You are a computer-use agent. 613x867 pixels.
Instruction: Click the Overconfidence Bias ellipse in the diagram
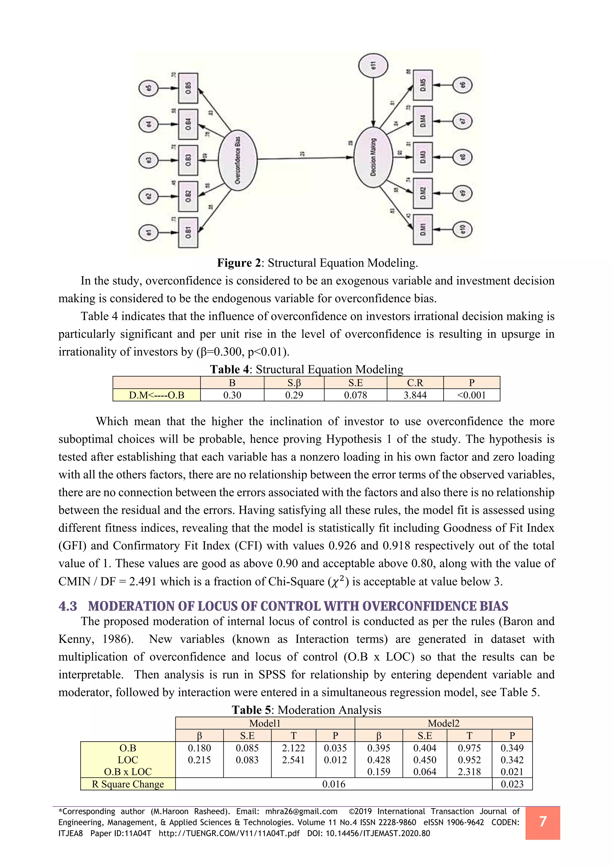(x=238, y=160)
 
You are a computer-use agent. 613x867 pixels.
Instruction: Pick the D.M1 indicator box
(x=423, y=229)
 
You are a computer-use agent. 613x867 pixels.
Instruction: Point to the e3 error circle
(x=149, y=160)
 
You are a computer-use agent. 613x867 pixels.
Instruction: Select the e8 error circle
(x=462, y=157)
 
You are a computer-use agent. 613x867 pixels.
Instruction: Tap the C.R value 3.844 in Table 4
(x=415, y=395)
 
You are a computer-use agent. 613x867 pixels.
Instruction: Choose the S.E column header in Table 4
(x=355, y=382)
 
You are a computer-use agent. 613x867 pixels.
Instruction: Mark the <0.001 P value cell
(x=471, y=395)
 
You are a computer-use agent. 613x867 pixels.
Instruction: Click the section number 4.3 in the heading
(x=68, y=606)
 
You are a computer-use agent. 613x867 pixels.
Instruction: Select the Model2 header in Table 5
(x=443, y=723)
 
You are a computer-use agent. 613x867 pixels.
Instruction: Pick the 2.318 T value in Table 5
(x=469, y=772)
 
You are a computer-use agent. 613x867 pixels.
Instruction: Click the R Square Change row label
(x=128, y=784)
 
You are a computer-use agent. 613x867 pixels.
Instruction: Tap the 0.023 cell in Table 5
(x=512, y=784)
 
